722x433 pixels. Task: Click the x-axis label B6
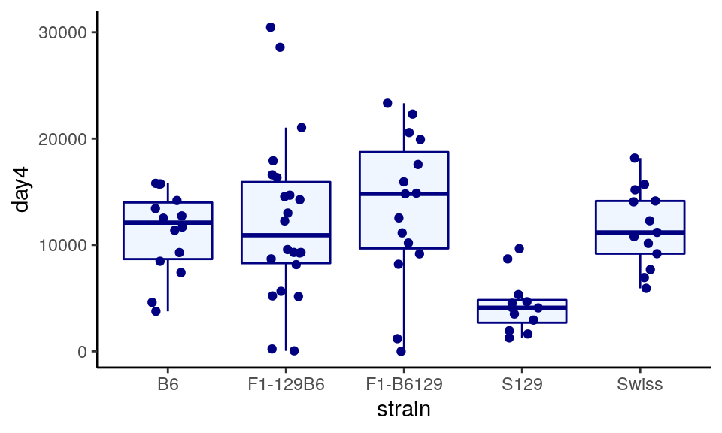pyautogui.click(x=168, y=385)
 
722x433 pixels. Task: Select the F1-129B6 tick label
pyautogui.click(x=286, y=385)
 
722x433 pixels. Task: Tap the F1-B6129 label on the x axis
pyautogui.click(x=404, y=385)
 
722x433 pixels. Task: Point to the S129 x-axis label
pyautogui.click(x=522, y=385)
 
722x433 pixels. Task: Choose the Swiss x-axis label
pyautogui.click(x=640, y=385)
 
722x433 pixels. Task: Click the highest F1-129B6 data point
pyautogui.click(x=271, y=27)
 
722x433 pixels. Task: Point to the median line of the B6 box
pyautogui.click(x=168, y=223)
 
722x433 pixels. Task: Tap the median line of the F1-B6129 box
pyautogui.click(x=404, y=194)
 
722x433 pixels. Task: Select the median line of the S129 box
pyautogui.click(x=522, y=307)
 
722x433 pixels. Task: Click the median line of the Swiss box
pyautogui.click(x=640, y=232)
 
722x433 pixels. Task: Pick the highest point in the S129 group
pyautogui.click(x=519, y=249)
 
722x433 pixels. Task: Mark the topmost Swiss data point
pyautogui.click(x=635, y=158)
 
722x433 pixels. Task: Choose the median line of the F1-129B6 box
pyautogui.click(x=286, y=235)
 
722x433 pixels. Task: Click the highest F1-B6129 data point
pyautogui.click(x=387, y=103)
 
